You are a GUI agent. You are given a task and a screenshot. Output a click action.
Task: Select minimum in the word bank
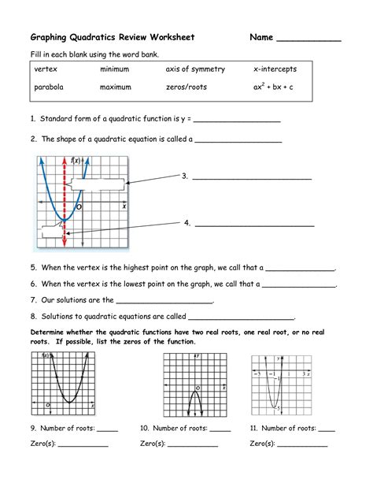[115, 69]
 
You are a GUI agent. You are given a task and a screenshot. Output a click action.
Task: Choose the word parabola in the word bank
[49, 87]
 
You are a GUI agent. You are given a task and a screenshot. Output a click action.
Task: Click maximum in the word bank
[116, 87]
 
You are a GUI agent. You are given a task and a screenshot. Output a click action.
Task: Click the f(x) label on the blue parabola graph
[76, 160]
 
